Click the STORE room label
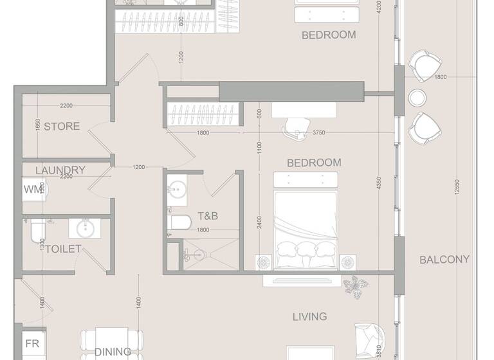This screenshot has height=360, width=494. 62,126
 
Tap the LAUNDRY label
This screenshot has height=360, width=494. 60,170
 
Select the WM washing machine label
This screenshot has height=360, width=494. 32,189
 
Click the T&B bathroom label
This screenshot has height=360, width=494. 207,217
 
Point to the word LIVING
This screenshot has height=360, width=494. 309,316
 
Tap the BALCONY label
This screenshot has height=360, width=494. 444,260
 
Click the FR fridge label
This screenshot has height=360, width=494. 32,344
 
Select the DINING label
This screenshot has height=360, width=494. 113,352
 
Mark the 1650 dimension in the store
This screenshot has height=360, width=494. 39,125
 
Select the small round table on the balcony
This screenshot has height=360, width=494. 418,98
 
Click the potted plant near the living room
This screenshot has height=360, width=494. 353,284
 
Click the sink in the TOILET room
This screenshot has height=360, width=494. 83,228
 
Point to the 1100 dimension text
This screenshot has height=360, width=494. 259,150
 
